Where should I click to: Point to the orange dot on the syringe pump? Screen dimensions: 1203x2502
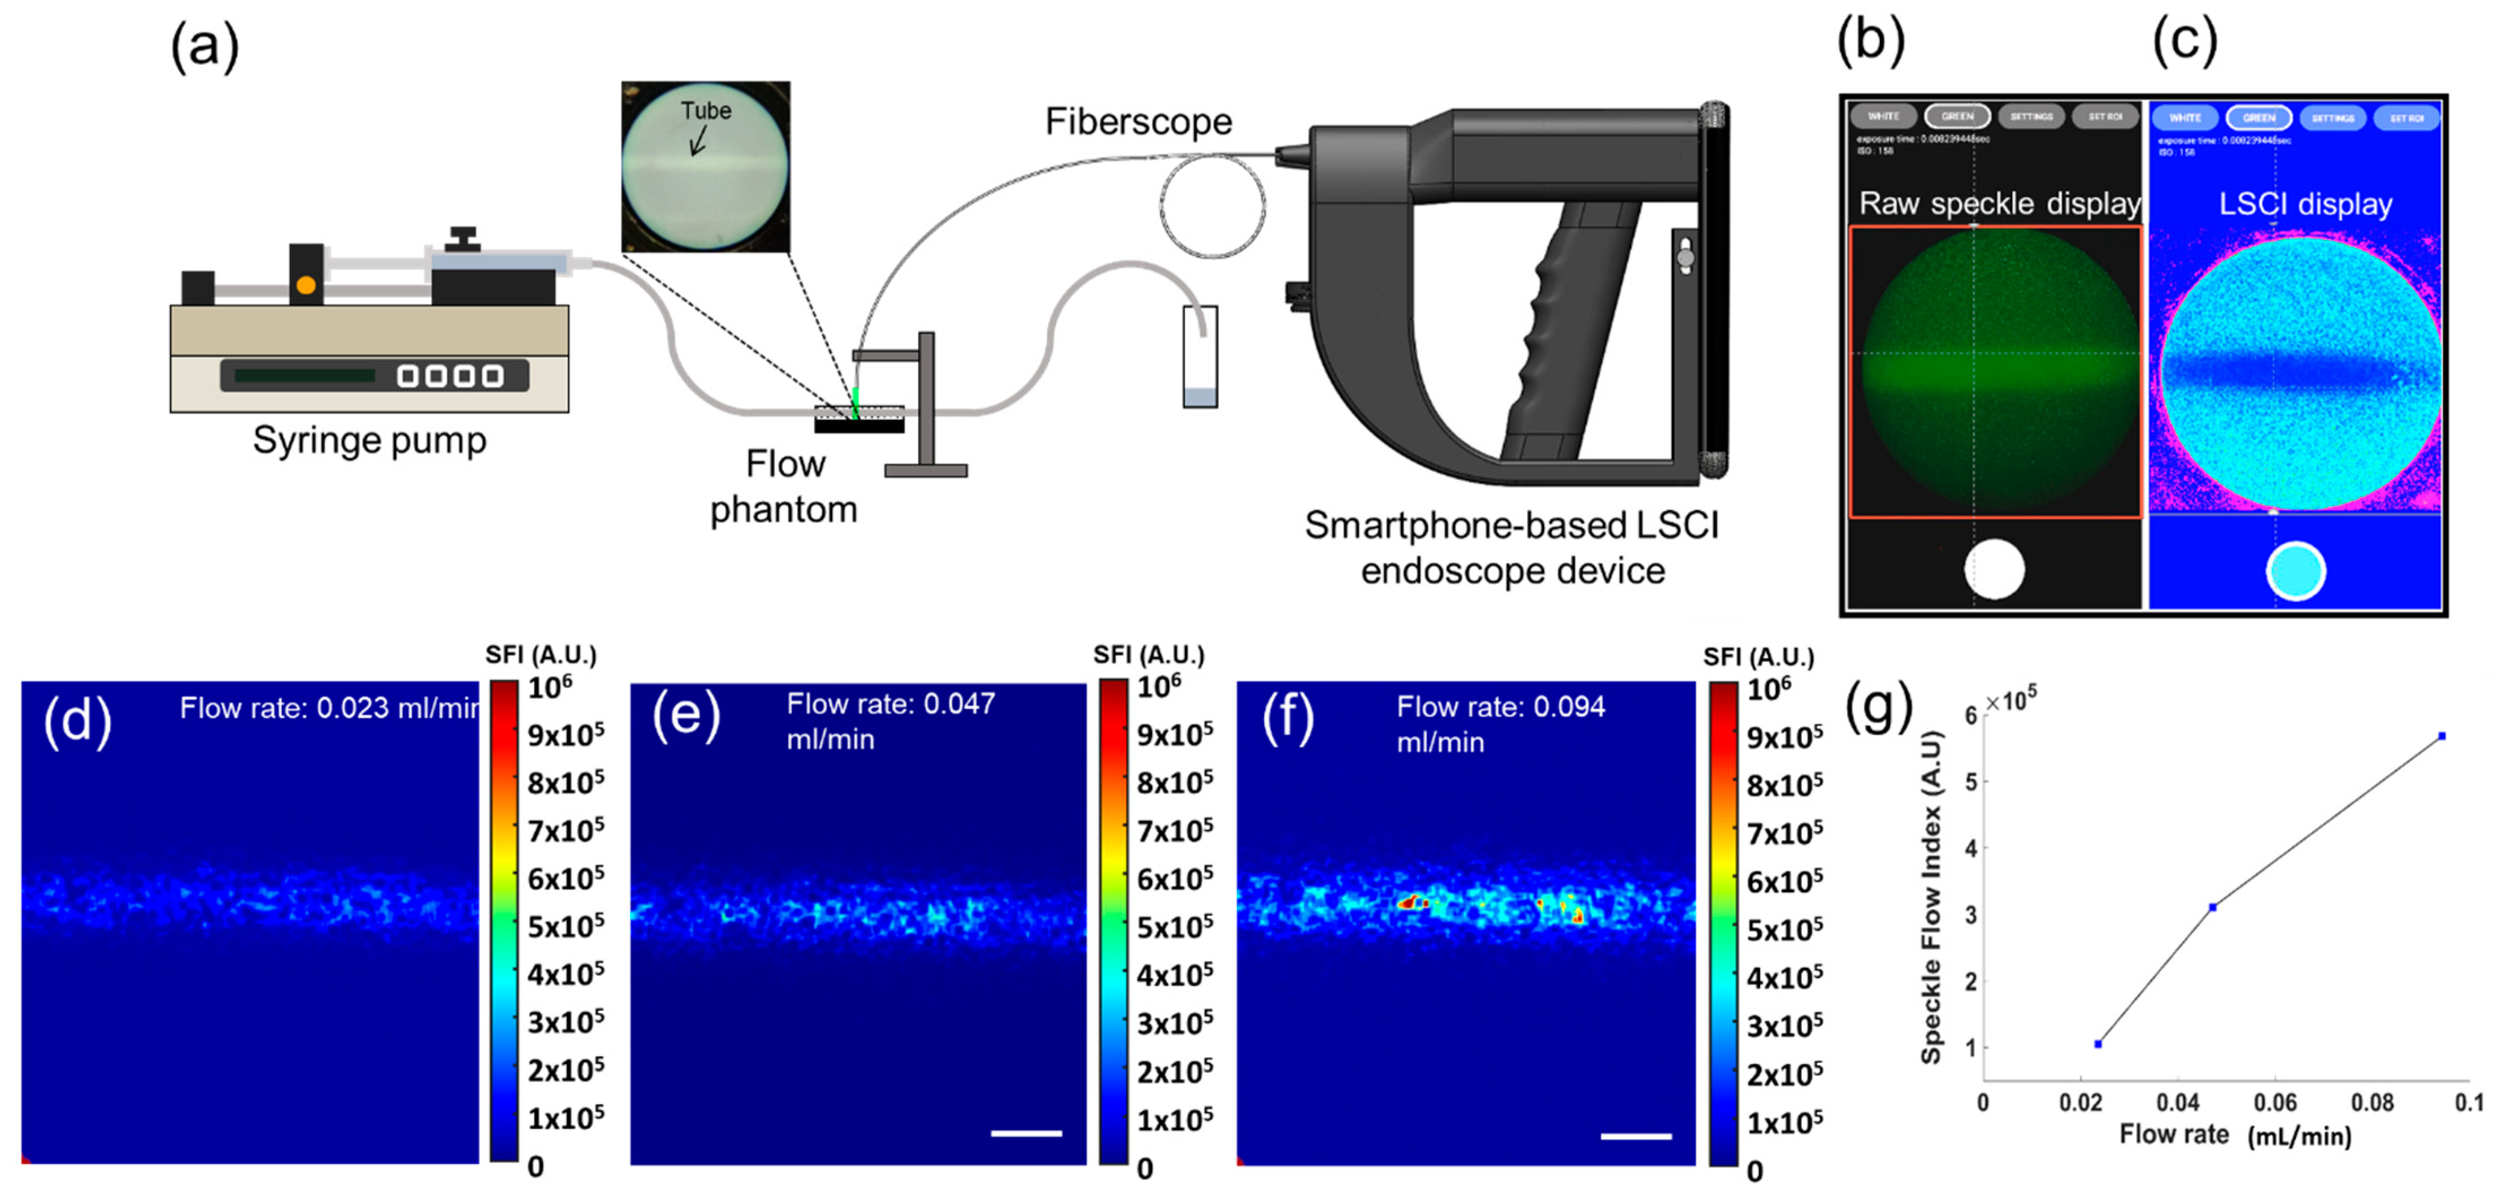[306, 285]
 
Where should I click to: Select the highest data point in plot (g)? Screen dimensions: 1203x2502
[2441, 736]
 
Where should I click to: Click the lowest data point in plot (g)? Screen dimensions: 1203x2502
[2098, 1044]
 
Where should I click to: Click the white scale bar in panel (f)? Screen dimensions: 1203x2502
[1636, 1135]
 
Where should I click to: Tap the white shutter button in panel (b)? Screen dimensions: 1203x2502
[1994, 569]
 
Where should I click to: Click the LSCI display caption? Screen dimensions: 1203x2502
[2305, 204]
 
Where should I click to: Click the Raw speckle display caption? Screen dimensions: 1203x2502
[1999, 204]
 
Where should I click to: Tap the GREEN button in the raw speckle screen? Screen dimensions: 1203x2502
[1957, 116]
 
